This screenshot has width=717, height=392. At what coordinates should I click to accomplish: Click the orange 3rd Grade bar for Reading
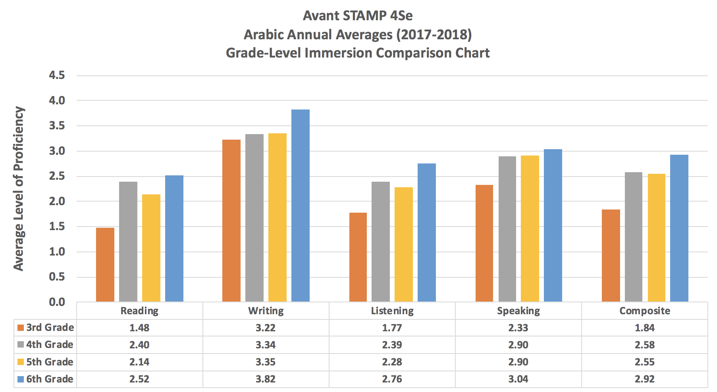pyautogui.click(x=105, y=265)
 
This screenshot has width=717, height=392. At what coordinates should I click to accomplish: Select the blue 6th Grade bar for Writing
pyautogui.click(x=301, y=206)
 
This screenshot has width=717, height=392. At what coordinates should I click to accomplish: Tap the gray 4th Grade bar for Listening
pyautogui.click(x=381, y=242)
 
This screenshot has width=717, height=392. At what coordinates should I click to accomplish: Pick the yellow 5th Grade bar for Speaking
pyautogui.click(x=530, y=229)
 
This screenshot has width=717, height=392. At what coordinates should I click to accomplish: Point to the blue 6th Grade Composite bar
pyautogui.click(x=679, y=228)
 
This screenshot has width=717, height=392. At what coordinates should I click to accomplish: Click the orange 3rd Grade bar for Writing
pyautogui.click(x=231, y=221)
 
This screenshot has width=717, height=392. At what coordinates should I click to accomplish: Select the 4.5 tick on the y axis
pyautogui.click(x=57, y=75)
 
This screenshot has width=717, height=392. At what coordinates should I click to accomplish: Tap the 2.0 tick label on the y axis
pyautogui.click(x=57, y=202)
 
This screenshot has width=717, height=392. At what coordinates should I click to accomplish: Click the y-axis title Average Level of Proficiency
pyautogui.click(x=18, y=189)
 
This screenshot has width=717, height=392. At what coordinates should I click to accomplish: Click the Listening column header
pyautogui.click(x=392, y=311)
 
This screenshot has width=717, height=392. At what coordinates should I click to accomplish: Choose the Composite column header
pyautogui.click(x=645, y=311)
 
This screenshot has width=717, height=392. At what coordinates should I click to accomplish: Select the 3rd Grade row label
pyautogui.click(x=50, y=328)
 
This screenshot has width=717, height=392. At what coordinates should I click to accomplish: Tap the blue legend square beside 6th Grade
pyautogui.click(x=21, y=379)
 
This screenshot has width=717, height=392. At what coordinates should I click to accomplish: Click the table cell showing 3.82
pyautogui.click(x=266, y=379)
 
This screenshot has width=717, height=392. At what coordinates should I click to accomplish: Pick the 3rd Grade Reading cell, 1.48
pyautogui.click(x=140, y=328)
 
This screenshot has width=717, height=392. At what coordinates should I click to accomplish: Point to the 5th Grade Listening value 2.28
pyautogui.click(x=392, y=362)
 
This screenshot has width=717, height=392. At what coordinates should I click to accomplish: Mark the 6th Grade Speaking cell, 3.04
pyautogui.click(x=518, y=379)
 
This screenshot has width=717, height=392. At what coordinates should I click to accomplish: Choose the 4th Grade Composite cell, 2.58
pyautogui.click(x=645, y=345)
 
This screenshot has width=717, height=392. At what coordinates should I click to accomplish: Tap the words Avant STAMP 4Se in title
pyautogui.click(x=358, y=16)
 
